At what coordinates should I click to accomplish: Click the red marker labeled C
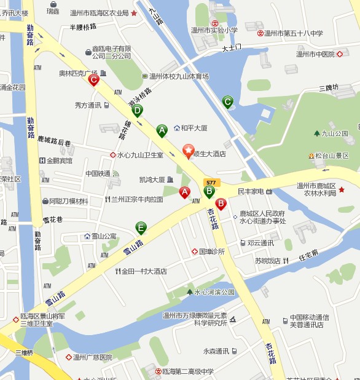(93, 79)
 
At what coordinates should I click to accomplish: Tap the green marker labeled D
(137, 111)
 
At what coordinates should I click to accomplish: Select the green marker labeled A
(162, 130)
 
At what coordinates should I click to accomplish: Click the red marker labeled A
(184, 192)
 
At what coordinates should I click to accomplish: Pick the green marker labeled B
(209, 191)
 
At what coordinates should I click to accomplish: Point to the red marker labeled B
(221, 204)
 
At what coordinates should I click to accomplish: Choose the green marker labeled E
(141, 228)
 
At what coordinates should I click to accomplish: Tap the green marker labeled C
(228, 101)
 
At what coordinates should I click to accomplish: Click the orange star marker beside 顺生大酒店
(189, 149)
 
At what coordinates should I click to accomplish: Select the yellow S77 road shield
(211, 182)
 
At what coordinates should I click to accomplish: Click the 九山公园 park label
(335, 133)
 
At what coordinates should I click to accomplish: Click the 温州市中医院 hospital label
(316, 54)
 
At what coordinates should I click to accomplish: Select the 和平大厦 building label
(194, 128)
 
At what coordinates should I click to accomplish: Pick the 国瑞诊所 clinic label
(211, 251)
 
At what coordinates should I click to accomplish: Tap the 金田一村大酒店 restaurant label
(144, 271)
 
